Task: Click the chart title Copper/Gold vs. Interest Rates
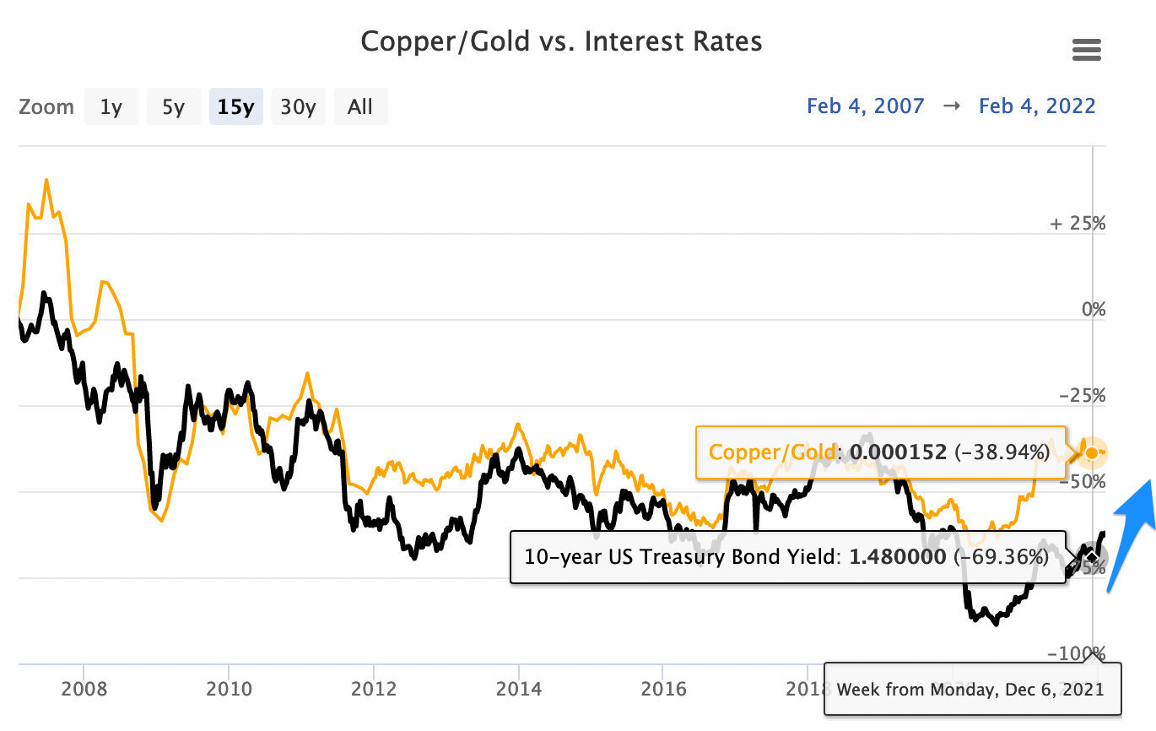561,41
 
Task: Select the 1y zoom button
111,107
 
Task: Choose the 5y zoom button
173,107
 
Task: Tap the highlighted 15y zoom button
236,107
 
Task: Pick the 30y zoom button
298,107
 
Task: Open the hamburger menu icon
1087,50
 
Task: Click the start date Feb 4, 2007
865,106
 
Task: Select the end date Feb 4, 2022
1037,106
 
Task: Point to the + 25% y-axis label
1078,225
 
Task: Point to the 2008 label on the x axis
84,689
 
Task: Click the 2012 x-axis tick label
374,689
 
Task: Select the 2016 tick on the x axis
663,689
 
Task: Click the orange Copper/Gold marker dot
1092,453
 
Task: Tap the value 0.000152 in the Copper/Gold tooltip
898,452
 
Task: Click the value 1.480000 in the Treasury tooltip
897,557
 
